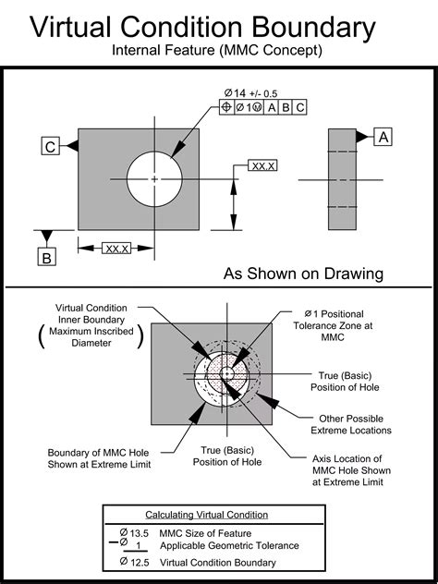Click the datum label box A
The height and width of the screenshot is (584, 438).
click(383, 137)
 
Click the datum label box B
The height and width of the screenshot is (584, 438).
click(45, 258)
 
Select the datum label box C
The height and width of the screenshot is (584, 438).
click(51, 145)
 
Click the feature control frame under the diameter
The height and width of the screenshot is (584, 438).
click(263, 107)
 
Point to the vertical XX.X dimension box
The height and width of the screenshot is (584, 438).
click(262, 165)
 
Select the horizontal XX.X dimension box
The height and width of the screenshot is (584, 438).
click(116, 249)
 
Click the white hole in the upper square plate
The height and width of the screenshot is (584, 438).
click(154, 176)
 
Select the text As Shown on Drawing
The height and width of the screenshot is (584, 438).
click(303, 274)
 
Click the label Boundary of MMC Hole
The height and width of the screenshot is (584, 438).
click(98, 458)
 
